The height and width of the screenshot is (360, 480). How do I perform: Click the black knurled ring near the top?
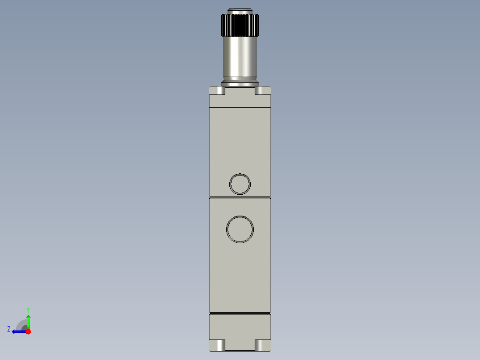click(240, 25)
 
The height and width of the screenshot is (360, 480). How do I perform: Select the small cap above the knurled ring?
click(240, 11)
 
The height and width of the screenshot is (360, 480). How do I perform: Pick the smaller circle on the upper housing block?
click(240, 184)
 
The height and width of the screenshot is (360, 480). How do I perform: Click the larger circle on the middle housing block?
click(240, 229)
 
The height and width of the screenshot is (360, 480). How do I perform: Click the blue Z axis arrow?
click(18, 331)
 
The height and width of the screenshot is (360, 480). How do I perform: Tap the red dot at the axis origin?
click(28, 331)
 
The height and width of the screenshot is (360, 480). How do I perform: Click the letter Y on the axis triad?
click(28, 309)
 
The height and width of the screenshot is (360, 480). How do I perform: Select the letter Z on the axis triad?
click(9, 329)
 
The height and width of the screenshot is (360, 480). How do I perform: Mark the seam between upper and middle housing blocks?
click(240, 197)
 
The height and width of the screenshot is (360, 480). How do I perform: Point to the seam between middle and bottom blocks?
click(240, 313)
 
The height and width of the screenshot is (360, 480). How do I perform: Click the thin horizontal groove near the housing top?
click(240, 108)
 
